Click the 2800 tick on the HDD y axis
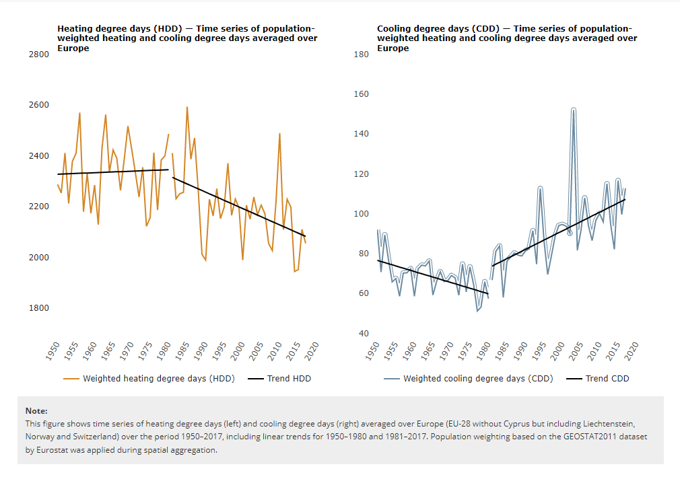[x=38, y=54]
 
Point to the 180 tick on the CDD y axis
[x=361, y=54]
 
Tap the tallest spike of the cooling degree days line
[x=573, y=108]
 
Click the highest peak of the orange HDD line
[x=186, y=107]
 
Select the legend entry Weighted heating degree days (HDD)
[x=158, y=379]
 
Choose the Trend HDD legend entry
[x=289, y=379]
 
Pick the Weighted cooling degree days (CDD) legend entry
[x=478, y=379]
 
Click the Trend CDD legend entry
[x=607, y=379]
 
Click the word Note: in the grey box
[x=36, y=410]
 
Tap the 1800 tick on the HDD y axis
[x=38, y=308]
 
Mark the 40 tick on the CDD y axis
[x=364, y=334]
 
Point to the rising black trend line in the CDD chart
[x=559, y=232]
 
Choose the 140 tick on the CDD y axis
[x=361, y=134]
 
